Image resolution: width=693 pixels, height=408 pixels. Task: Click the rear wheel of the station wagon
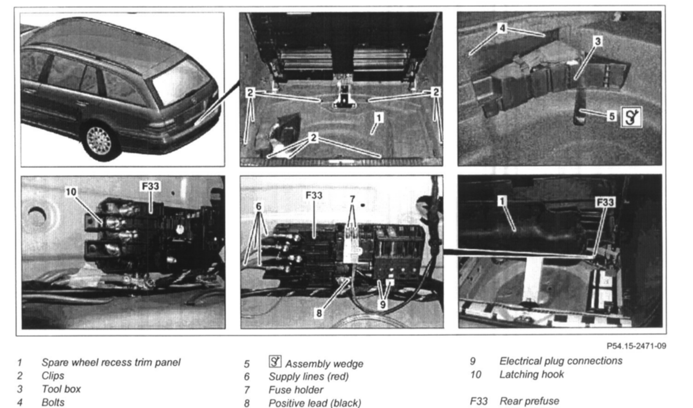point(100,142)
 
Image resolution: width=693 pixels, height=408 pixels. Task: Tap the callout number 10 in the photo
point(71,192)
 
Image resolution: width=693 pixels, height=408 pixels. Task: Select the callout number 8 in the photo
point(319,313)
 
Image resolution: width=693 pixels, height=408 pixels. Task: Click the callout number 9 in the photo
point(383,305)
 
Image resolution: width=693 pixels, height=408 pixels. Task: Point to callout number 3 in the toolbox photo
point(598,41)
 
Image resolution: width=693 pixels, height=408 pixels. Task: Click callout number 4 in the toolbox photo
point(502,28)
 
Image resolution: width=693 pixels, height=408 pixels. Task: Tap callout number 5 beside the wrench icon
point(612,116)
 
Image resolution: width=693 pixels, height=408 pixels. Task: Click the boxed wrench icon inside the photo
point(631,117)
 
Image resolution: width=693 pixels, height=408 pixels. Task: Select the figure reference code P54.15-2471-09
point(636,346)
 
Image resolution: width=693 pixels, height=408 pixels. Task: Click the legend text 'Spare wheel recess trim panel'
point(111,362)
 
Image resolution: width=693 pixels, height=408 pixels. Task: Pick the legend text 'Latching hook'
point(532,374)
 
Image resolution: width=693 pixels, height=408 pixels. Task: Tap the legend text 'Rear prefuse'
point(529,401)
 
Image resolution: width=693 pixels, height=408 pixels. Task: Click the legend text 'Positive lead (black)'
point(315,403)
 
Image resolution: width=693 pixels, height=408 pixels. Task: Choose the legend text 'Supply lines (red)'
point(309,377)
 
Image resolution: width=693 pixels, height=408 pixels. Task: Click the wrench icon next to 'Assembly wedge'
point(275,361)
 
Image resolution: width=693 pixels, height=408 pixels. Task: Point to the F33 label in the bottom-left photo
point(150,186)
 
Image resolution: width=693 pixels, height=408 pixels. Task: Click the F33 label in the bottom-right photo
point(605,202)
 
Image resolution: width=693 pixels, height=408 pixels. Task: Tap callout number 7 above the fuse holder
point(352,199)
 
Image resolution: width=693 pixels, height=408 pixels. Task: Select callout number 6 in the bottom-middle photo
point(258,206)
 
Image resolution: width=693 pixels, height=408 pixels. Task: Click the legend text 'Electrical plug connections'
point(561,361)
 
